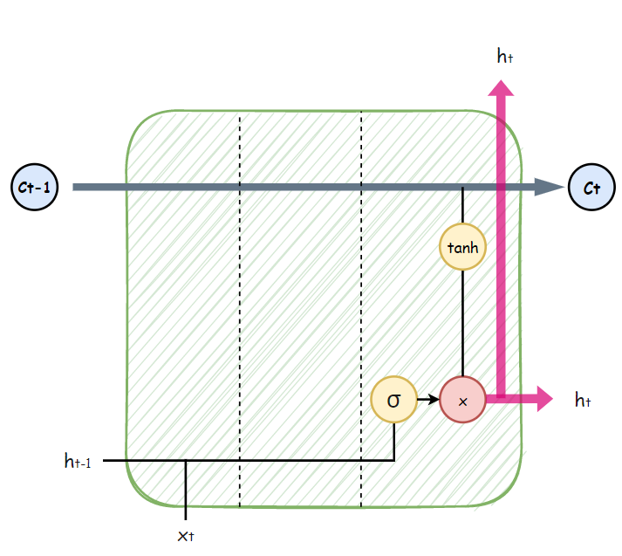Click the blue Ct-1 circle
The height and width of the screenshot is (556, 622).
click(x=33, y=187)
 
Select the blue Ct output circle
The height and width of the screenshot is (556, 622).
click(x=591, y=187)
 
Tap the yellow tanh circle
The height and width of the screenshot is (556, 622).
click(x=462, y=247)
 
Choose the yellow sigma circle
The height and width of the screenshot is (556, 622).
click(x=393, y=400)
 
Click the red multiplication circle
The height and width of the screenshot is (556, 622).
click(x=462, y=400)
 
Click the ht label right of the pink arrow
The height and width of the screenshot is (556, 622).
click(x=584, y=401)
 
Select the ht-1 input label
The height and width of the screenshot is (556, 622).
click(x=78, y=461)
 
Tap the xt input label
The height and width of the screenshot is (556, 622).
click(x=186, y=534)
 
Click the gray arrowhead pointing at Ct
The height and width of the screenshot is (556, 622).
click(x=548, y=187)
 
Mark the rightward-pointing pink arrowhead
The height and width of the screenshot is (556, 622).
click(x=543, y=400)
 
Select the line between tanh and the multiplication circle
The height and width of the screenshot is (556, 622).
click(x=462, y=323)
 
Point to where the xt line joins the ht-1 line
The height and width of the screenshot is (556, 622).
click(x=186, y=461)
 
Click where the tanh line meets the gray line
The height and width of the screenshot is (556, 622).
click(x=462, y=188)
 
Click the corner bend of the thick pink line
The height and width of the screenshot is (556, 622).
click(x=502, y=399)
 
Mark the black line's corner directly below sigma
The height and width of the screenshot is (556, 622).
click(x=394, y=460)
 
